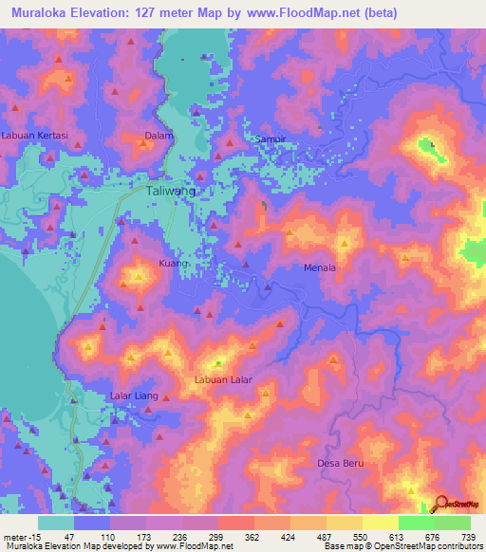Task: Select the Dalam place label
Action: coord(157,136)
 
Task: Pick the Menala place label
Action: coord(320,267)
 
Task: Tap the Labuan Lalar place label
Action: coord(222,379)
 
